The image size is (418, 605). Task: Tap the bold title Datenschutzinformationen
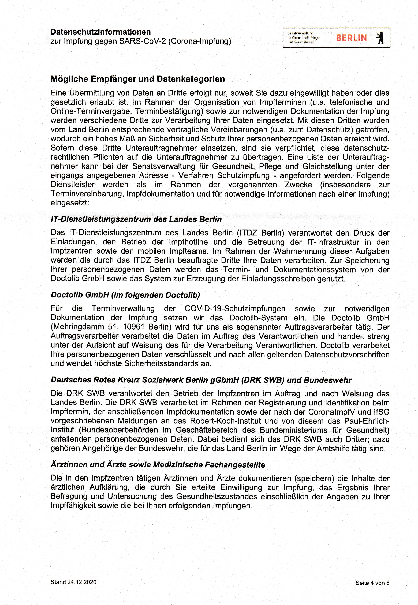tap(100, 32)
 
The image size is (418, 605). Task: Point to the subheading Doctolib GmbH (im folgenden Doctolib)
tap(125, 295)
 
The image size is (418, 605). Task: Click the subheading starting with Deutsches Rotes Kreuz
tap(201, 380)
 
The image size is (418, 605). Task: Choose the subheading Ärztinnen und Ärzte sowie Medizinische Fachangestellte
tap(158, 465)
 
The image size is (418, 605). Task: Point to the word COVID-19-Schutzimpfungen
tap(235, 309)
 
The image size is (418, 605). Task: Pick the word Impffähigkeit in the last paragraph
tap(75, 506)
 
